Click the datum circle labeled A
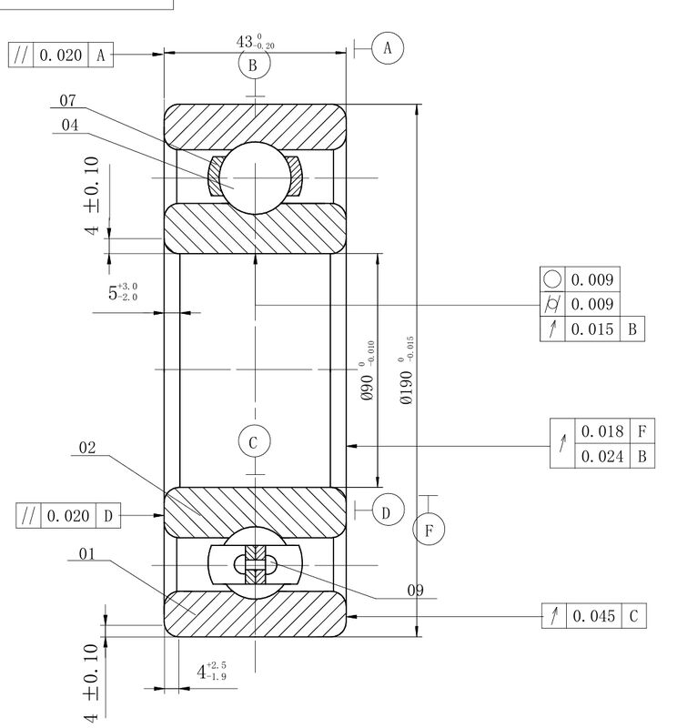[388, 48]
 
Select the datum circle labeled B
[254, 65]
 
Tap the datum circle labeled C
[254, 441]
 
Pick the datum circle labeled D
[389, 510]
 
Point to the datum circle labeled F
[429, 530]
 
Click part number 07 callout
[68, 100]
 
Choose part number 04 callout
[70, 125]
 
